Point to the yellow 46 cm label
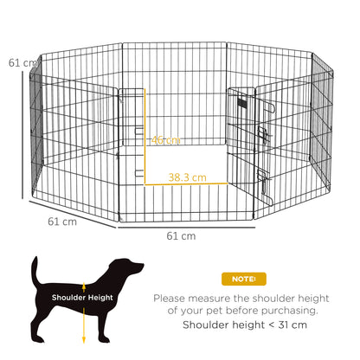click(166, 140)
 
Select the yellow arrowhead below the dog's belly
click(83, 340)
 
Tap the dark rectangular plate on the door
click(242, 105)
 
